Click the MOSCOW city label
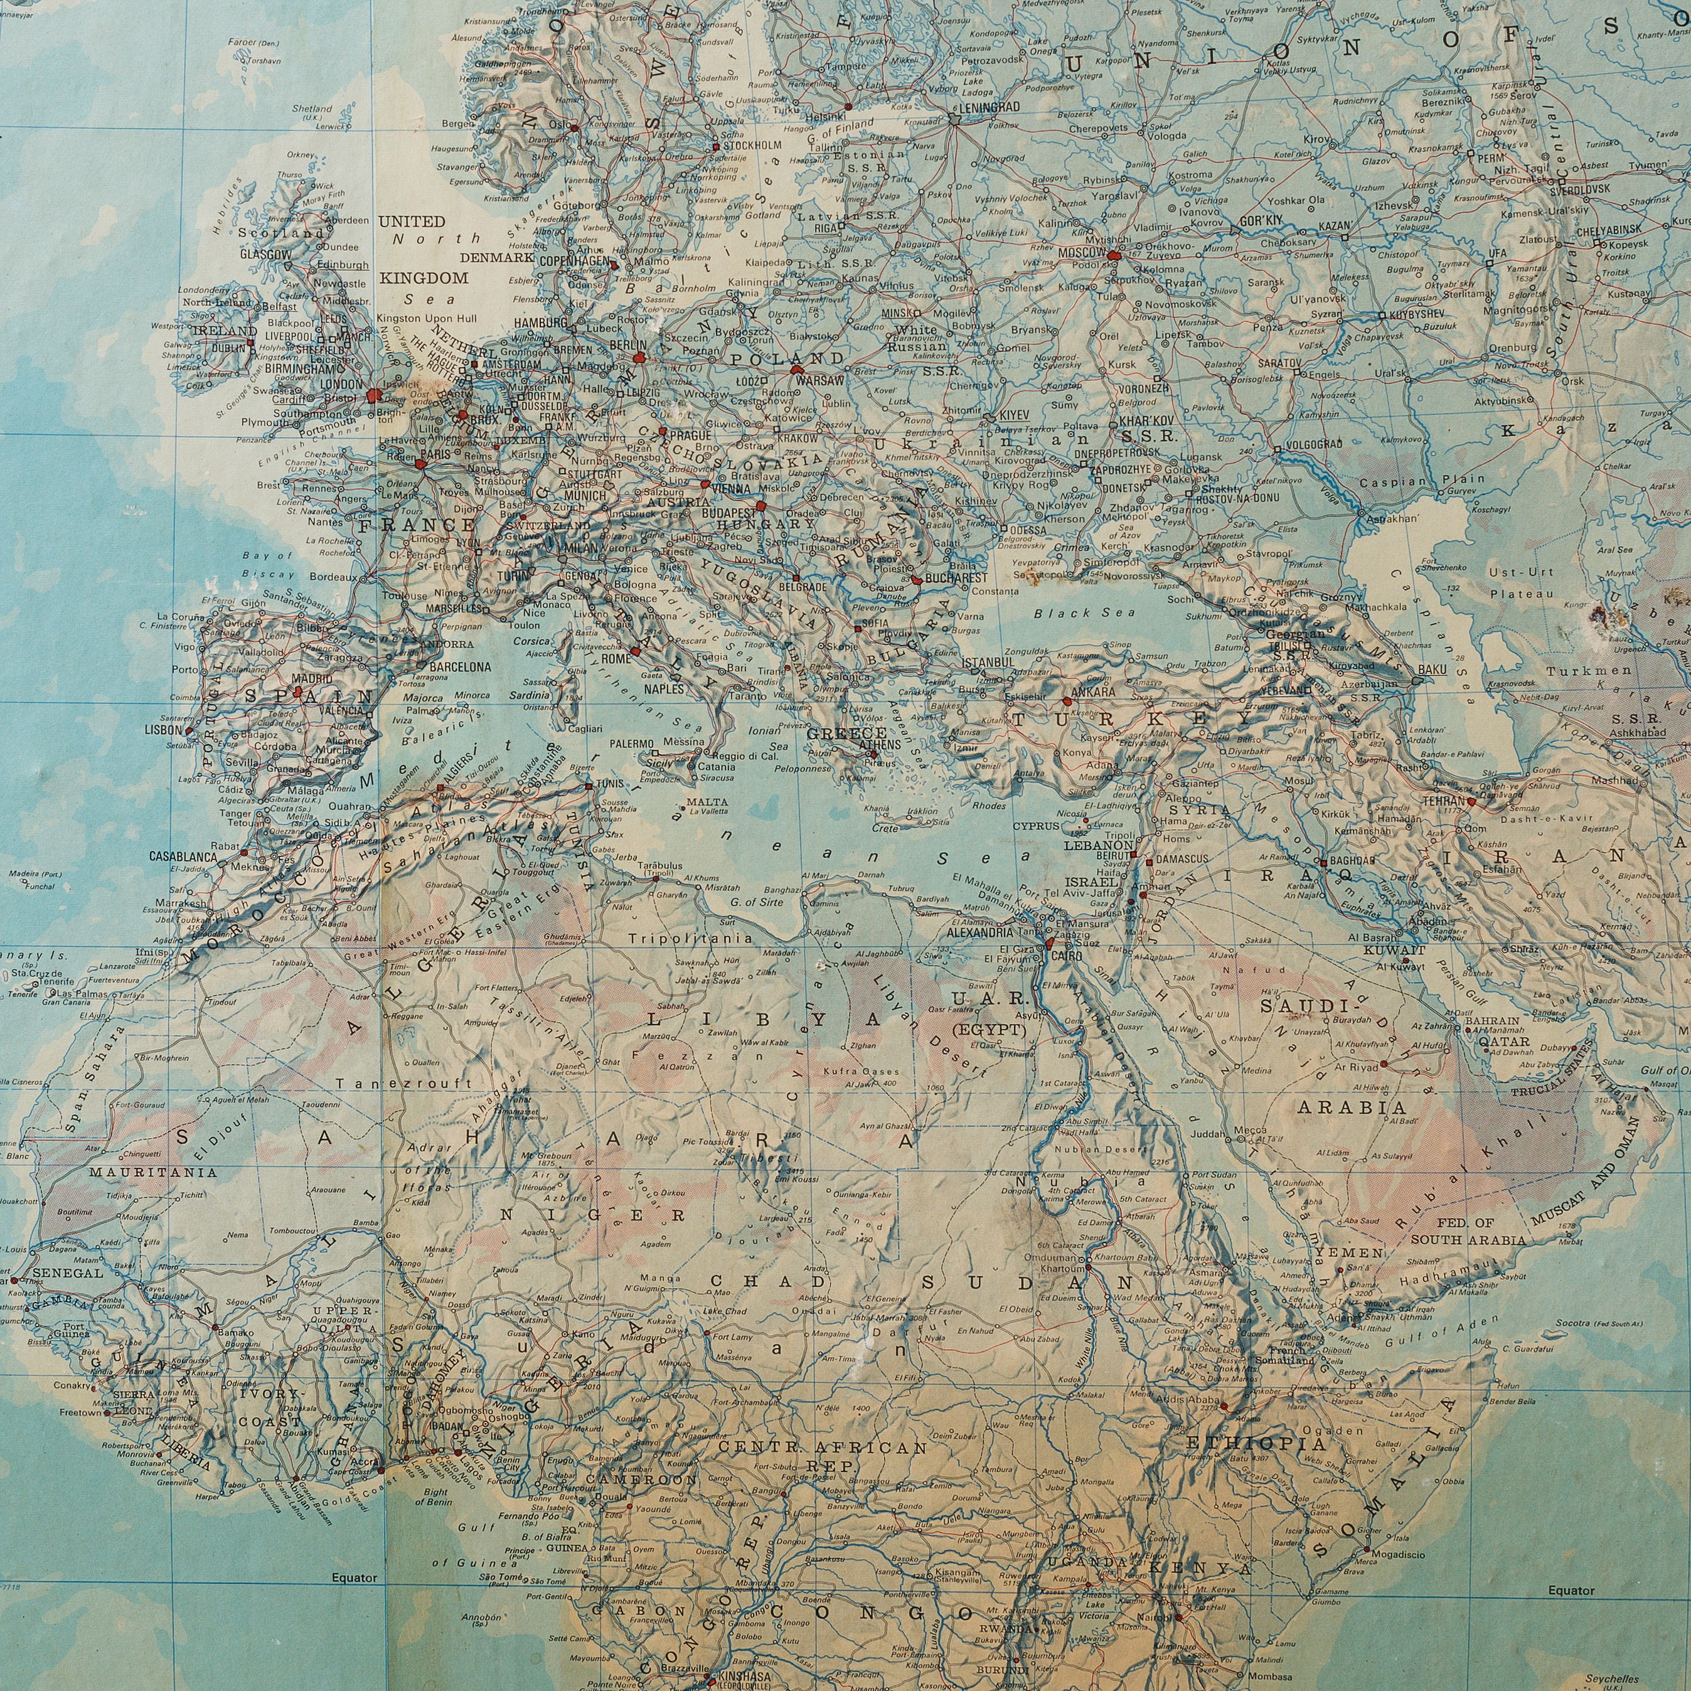point(1079,253)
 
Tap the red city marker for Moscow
point(1112,257)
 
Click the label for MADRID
point(312,678)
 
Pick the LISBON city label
point(164,729)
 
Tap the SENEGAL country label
point(67,1272)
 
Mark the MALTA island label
point(707,802)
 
